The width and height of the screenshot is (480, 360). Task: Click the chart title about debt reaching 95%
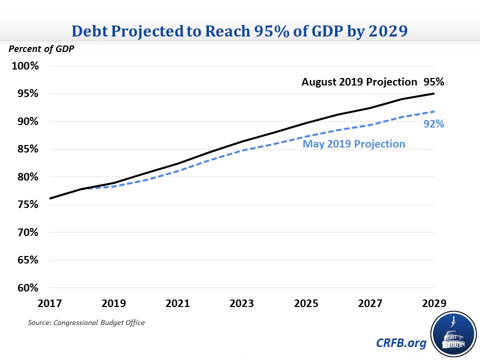[240, 31]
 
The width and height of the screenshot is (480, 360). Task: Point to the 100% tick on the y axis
[24, 66]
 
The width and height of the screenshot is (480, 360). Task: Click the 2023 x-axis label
[241, 303]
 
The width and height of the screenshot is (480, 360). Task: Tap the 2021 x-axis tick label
[177, 303]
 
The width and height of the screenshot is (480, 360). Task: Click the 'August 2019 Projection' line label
[359, 82]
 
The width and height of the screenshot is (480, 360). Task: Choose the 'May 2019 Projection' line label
[353, 144]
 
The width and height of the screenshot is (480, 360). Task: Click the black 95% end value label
[433, 82]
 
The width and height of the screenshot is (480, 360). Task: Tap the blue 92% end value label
[433, 124]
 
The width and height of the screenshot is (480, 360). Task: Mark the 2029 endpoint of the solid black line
[433, 93]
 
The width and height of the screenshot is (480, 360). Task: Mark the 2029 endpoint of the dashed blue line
[433, 111]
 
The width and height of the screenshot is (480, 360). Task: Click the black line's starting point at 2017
[49, 198]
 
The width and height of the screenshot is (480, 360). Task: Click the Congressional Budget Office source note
[86, 322]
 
